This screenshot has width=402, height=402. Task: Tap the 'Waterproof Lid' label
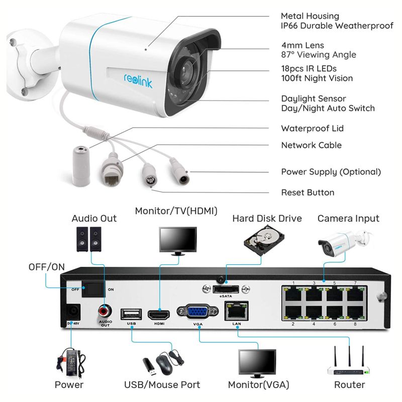tap(312, 129)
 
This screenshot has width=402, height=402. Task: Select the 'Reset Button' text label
tap(308, 192)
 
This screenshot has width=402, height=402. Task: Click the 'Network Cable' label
tap(311, 145)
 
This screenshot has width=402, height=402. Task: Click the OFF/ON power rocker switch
tap(94, 289)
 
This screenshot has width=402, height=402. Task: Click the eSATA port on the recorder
tap(226, 289)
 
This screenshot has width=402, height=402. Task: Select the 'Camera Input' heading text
tap(348, 219)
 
